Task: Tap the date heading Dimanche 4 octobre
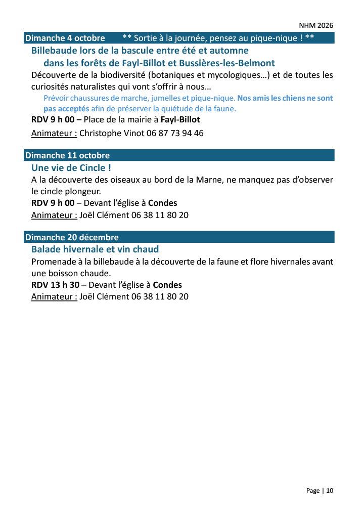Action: pyautogui.click(x=65, y=38)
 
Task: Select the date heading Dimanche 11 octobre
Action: pyautogui.click(x=67, y=155)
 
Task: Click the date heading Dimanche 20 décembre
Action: pyautogui.click(x=72, y=237)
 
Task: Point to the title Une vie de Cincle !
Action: pyautogui.click(x=71, y=167)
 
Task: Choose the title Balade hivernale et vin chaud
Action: pyautogui.click(x=95, y=249)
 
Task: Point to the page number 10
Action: pyautogui.click(x=330, y=491)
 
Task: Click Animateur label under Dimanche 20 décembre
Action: pyautogui.click(x=54, y=296)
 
